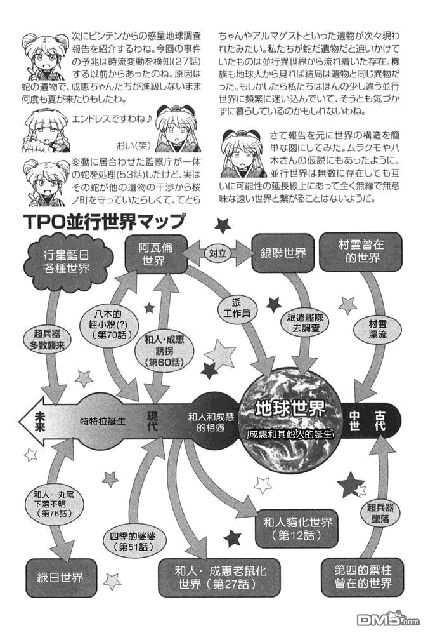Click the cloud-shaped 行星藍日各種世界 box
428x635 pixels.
click(x=67, y=261)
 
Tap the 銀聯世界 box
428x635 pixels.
click(x=283, y=253)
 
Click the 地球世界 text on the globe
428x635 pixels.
click(x=290, y=409)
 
